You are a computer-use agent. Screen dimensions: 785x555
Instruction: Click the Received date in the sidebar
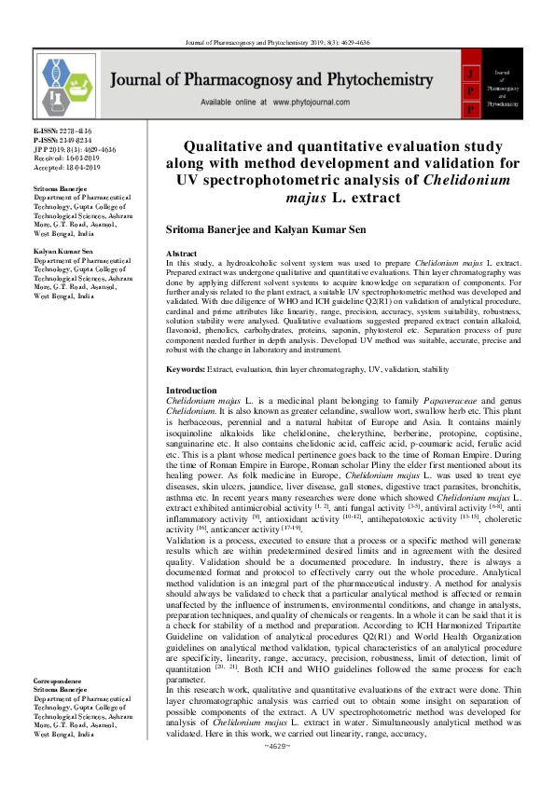[67, 160]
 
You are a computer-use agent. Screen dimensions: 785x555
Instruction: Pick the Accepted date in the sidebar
[67, 170]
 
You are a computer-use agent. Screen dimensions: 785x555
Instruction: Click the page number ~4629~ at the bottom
[277, 774]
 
